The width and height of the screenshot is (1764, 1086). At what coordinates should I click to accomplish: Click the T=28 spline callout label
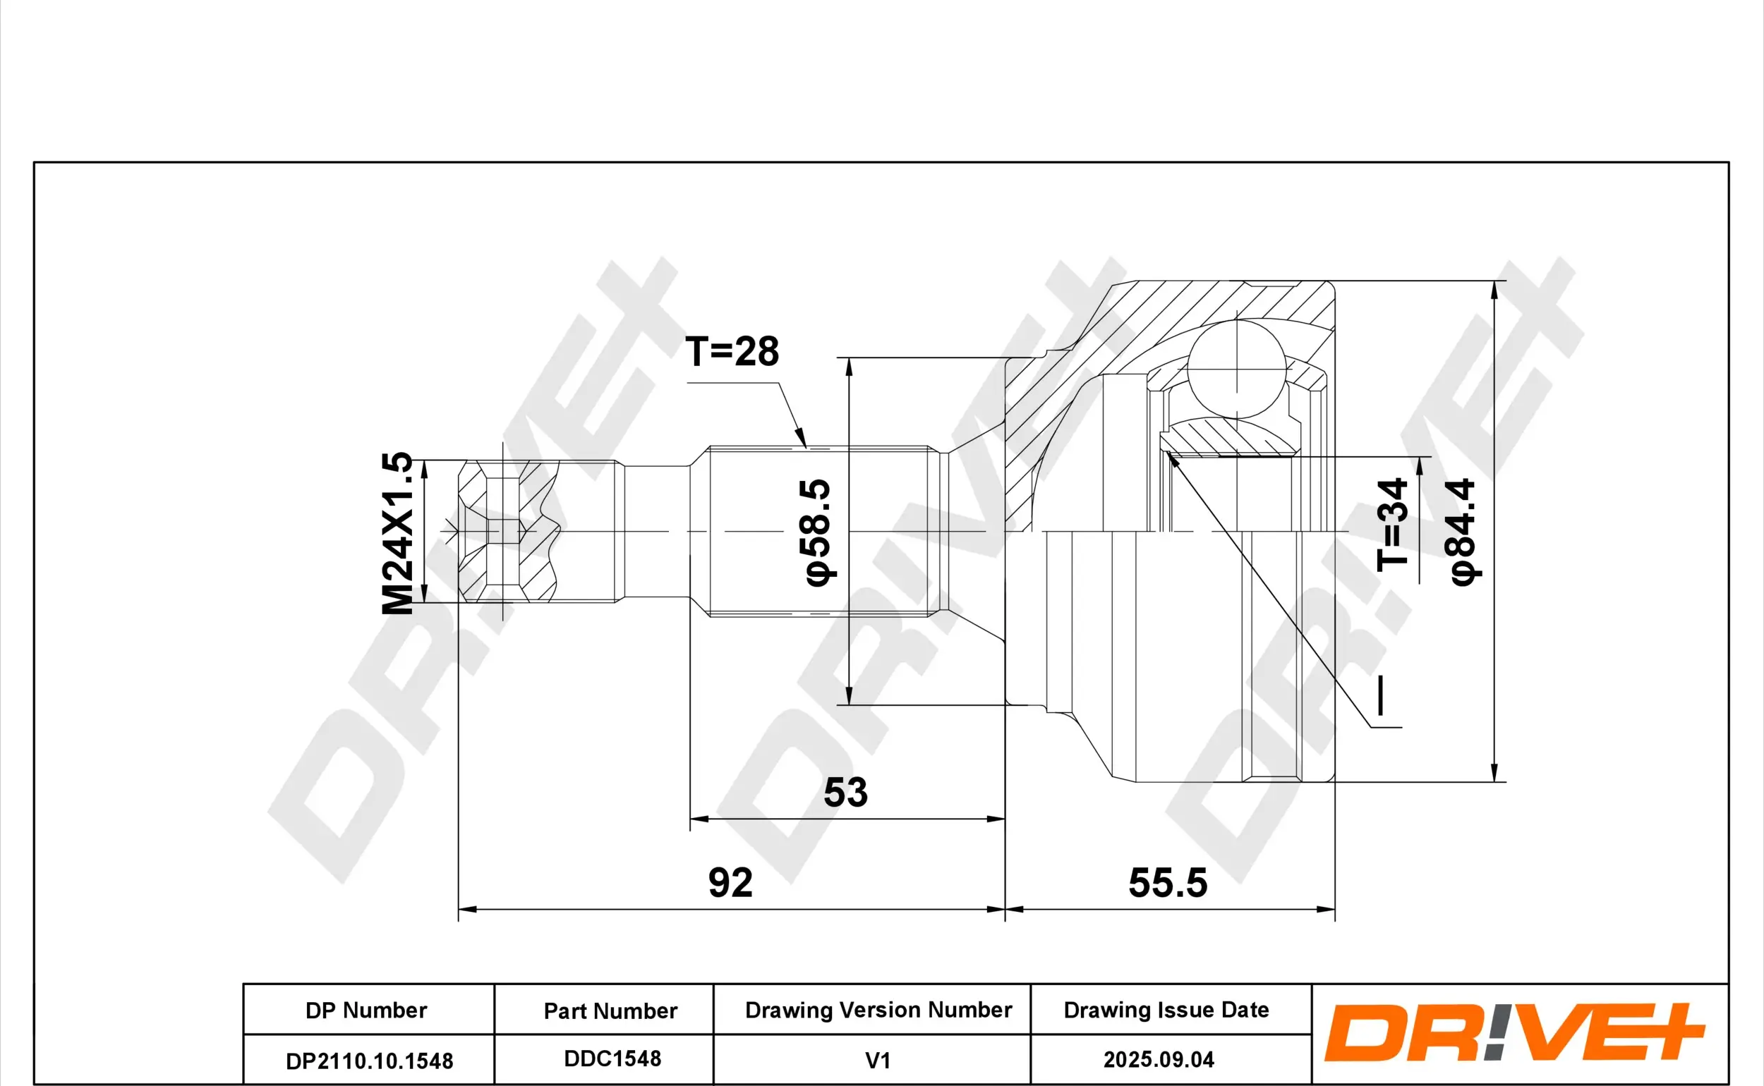732,352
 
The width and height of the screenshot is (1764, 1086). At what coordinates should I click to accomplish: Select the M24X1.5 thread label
397,532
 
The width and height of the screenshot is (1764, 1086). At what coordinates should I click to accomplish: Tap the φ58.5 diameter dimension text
817,532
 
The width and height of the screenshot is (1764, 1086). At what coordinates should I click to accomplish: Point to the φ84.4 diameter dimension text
1462,532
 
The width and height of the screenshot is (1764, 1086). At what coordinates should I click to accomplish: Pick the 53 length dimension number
845,792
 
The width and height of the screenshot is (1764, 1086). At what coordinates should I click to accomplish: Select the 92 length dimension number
730,883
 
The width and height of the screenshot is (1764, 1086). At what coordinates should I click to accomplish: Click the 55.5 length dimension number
1168,883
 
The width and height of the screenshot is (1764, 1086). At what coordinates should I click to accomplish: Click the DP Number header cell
366,1011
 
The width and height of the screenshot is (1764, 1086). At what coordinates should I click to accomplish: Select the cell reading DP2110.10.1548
369,1061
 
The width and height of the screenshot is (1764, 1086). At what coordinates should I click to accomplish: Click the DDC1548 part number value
612,1058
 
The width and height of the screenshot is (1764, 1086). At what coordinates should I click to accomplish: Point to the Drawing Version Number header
878,1010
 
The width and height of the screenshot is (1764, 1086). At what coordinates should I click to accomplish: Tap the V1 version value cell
877,1061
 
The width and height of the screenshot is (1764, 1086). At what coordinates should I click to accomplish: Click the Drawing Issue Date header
1166,1010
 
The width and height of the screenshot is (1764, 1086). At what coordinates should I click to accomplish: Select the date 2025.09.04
1159,1059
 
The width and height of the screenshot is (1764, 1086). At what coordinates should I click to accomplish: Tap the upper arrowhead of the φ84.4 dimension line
1494,288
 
